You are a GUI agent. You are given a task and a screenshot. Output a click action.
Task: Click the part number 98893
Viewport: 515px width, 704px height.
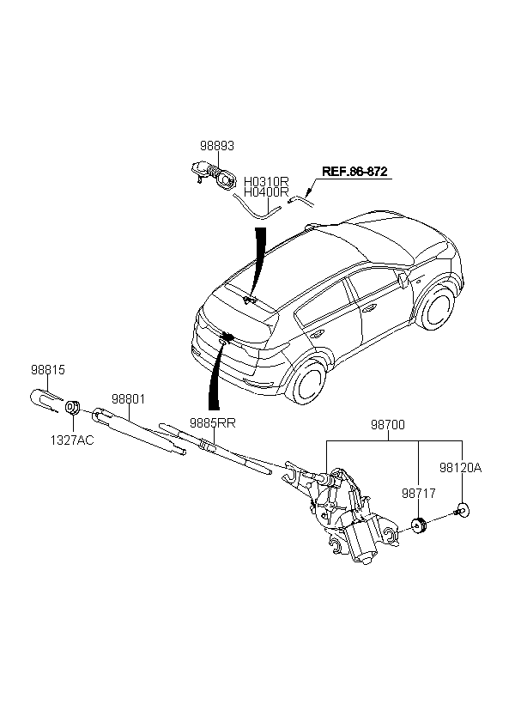pos(217,146)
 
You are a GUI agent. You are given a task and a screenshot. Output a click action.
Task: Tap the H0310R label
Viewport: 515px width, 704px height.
pos(266,182)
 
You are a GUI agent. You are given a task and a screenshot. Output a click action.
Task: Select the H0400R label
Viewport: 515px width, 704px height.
pos(266,192)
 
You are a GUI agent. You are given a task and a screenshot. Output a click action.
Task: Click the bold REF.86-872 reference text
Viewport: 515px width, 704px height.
pos(354,172)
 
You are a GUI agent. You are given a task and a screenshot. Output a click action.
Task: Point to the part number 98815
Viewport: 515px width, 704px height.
pos(47,370)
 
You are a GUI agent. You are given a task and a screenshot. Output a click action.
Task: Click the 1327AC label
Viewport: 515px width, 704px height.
pos(72,440)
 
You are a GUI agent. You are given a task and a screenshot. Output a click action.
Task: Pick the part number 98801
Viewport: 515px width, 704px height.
pos(128,398)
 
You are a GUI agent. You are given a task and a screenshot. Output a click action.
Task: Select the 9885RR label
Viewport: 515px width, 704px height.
pos(212,423)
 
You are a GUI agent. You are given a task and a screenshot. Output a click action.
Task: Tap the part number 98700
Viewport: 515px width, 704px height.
pos(387,425)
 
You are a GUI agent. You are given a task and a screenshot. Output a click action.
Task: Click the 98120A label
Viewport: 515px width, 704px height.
pos(460,468)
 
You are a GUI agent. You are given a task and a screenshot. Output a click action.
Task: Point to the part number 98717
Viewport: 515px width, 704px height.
pos(419,494)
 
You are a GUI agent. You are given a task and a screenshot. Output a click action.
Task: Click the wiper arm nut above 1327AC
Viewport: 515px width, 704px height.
pos(73,408)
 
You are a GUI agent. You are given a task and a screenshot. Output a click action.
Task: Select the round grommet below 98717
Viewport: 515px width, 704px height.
pos(419,525)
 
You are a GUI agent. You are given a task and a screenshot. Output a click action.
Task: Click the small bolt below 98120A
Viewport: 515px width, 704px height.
pos(461,511)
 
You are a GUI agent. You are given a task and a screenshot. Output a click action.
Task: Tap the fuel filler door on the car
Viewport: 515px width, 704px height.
pos(403,280)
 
